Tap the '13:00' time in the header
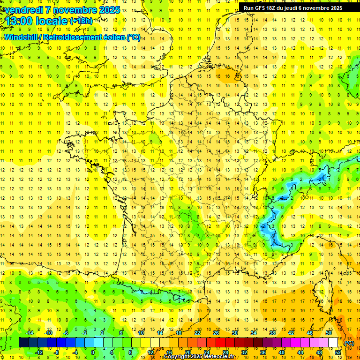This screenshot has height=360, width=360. [17, 22]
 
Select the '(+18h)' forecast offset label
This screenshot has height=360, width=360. [81, 21]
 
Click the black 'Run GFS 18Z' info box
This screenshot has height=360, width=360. [293, 7]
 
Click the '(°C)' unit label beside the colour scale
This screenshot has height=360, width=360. [349, 344]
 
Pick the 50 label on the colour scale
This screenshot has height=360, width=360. [329, 333]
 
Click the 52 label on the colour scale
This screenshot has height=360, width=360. [338, 352]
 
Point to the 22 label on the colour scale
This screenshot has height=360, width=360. [197, 333]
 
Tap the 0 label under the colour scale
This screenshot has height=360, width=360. [93, 352]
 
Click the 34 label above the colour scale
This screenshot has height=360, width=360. [254, 333]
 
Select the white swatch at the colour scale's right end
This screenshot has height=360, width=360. [333, 343]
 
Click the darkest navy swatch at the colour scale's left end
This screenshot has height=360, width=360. [23, 343]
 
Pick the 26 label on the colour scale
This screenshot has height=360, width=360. [216, 333]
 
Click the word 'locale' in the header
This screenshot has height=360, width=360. [50, 22]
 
